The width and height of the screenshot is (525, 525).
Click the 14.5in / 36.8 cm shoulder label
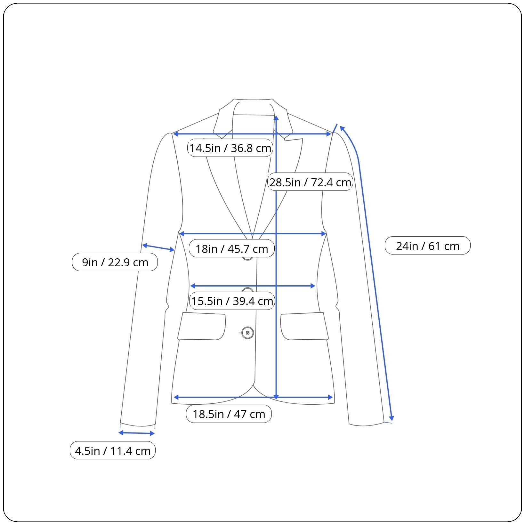[230, 148]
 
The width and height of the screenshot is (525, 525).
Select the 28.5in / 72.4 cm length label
[310, 182]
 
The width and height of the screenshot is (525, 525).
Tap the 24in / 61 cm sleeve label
[428, 246]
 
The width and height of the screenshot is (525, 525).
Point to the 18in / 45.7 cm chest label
[232, 249]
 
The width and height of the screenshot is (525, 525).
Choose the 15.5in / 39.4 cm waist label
[232, 301]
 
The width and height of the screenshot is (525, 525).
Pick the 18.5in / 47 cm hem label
[229, 414]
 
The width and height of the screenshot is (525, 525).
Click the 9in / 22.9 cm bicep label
[115, 262]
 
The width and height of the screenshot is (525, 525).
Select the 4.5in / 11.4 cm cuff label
[113, 451]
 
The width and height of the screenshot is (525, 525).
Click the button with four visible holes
[247, 333]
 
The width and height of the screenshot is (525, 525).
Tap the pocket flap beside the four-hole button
[202, 326]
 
